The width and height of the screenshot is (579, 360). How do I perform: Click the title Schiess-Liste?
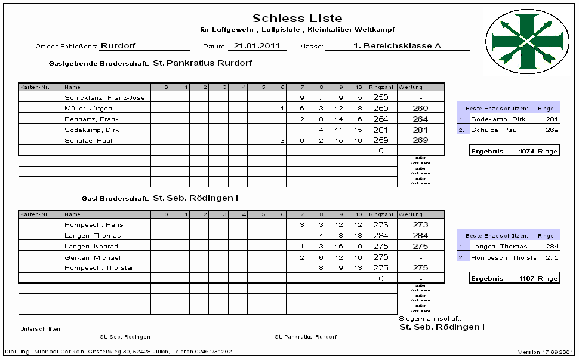(x=297, y=19)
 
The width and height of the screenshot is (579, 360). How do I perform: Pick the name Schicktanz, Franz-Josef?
(x=106, y=97)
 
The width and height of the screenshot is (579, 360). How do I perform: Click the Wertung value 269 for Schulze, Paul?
(x=420, y=140)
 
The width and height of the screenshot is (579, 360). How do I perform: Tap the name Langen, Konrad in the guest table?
(x=91, y=247)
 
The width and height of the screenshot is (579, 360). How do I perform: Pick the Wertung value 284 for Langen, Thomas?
(x=420, y=236)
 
